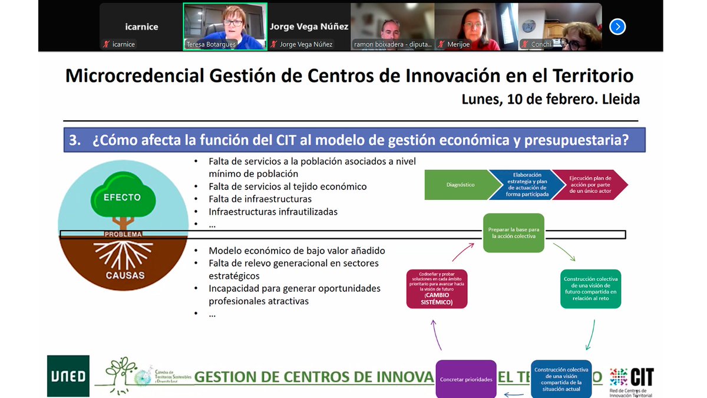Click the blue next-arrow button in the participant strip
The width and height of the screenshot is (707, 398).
tap(617, 27)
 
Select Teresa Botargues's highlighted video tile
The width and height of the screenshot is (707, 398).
tap(224, 27)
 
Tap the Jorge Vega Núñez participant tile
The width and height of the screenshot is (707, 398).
tap(309, 27)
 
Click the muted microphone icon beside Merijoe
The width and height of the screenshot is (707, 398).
tap(442, 44)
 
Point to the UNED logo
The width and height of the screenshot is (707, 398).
tap(68, 376)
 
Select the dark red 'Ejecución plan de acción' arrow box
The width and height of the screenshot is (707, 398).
tap(590, 185)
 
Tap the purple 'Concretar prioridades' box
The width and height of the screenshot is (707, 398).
tap(466, 379)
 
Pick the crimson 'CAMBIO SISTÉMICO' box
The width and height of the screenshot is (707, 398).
tap(437, 289)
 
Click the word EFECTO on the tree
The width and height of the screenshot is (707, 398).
tap(123, 197)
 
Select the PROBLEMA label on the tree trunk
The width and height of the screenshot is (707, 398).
tap(123, 234)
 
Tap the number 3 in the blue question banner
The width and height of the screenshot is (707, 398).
tap(74, 141)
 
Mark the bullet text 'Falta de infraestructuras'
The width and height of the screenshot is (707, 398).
tap(260, 199)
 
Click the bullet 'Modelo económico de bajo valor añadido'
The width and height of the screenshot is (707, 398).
tap(296, 251)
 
